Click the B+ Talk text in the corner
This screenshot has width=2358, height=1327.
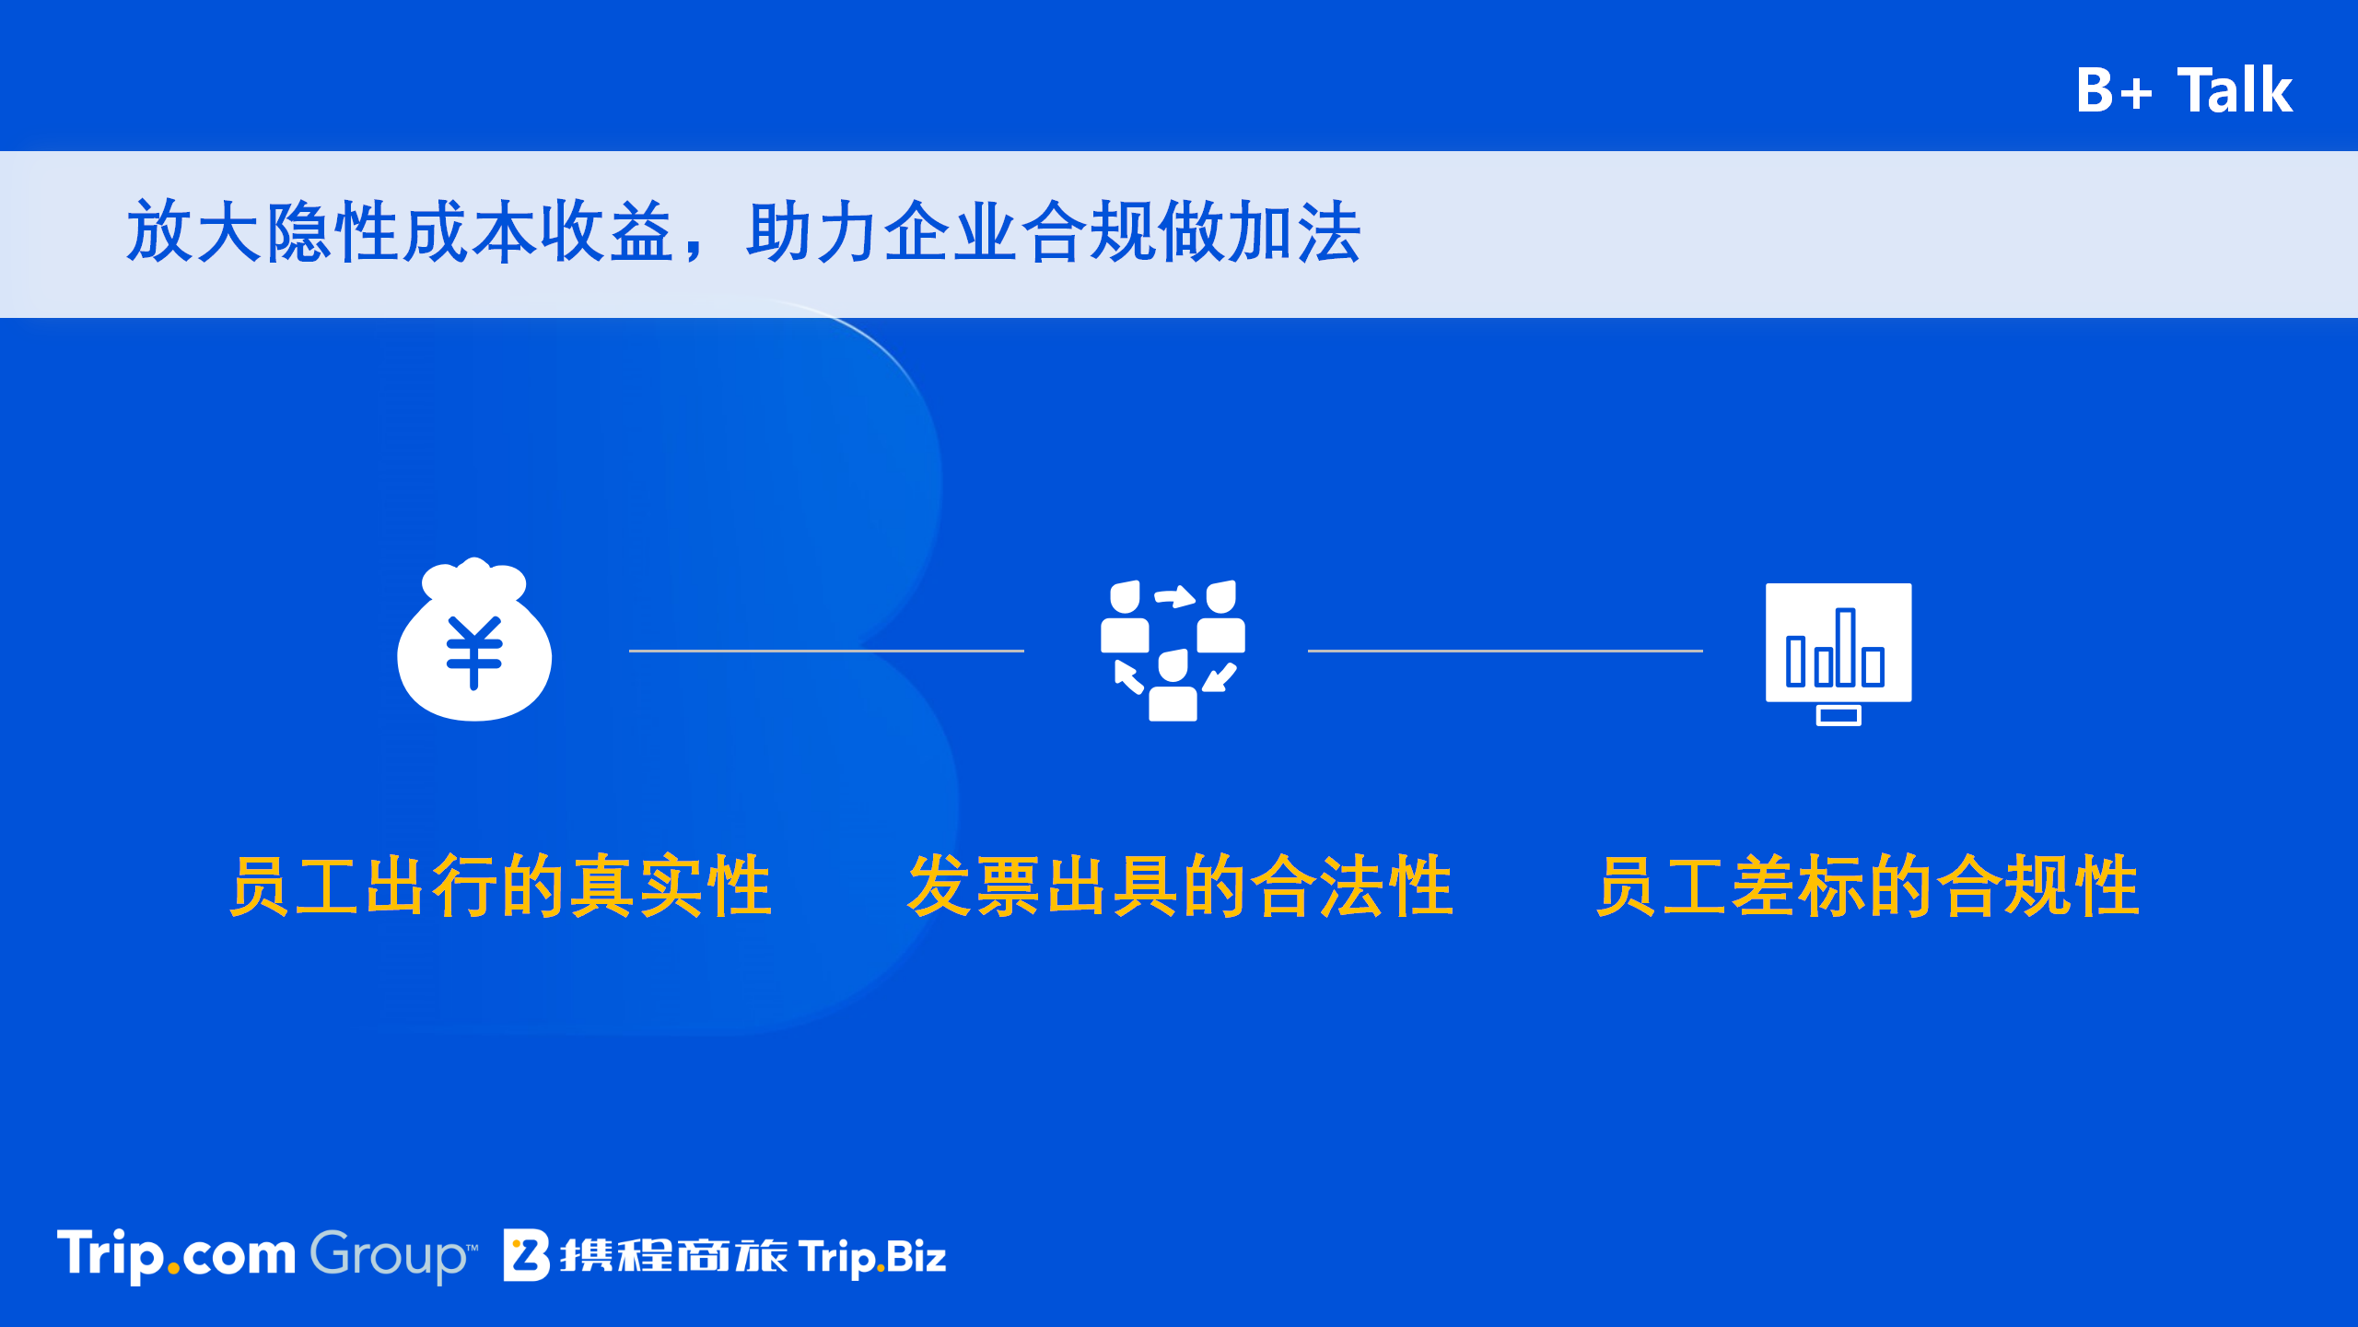tap(2184, 90)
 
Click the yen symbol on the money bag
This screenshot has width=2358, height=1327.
tap(474, 652)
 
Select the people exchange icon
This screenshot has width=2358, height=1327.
tap(1173, 651)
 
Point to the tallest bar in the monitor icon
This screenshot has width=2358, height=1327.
tap(1845, 647)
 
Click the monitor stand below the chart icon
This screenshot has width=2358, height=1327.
tap(1839, 715)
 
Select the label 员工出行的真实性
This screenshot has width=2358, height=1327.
tap(500, 886)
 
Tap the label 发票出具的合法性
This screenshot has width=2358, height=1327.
tap(1180, 886)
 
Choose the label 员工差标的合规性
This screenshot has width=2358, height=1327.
tap(1867, 886)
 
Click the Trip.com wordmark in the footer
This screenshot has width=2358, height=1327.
tap(176, 1255)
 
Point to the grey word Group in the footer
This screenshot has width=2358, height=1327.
tap(393, 1256)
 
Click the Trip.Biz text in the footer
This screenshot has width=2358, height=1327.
tap(872, 1257)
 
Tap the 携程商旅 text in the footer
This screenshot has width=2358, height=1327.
tap(673, 1256)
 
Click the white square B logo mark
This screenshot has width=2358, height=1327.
tap(527, 1255)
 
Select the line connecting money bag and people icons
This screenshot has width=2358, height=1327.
tap(826, 651)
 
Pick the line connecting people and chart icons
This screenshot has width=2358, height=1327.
tap(1505, 651)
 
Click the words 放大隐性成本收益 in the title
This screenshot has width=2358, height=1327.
tap(401, 231)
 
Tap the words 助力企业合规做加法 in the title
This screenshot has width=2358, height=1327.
tap(1054, 231)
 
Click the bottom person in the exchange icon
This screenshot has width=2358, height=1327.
tap(1173, 687)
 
